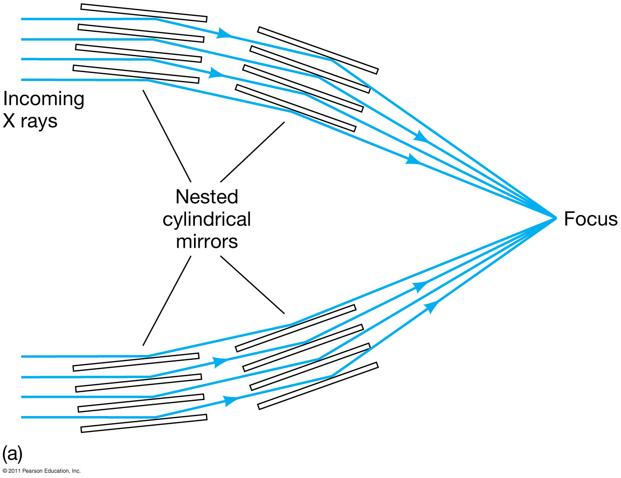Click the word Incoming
point(43,99)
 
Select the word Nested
point(207,197)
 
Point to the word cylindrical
point(207,220)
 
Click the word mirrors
point(207,242)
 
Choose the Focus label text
point(590,219)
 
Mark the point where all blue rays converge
point(556,218)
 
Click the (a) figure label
point(12,454)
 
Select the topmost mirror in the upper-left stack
point(144,13)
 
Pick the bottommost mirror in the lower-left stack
point(144,423)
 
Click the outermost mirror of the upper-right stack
point(318,50)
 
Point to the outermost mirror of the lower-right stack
point(318,386)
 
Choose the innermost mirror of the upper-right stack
point(295,108)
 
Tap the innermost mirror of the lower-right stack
point(295,328)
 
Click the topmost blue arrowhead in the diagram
point(225,33)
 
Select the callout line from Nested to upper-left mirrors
point(167,135)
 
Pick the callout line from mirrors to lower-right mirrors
point(252,285)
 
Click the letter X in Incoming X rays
point(9,121)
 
